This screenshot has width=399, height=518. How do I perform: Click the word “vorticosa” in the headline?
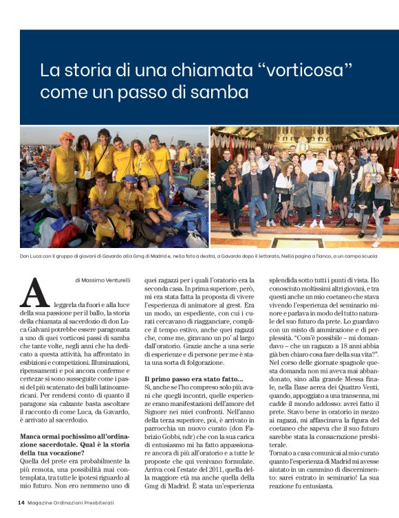coord(305,70)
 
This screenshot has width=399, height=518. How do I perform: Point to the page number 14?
coord(21,503)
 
